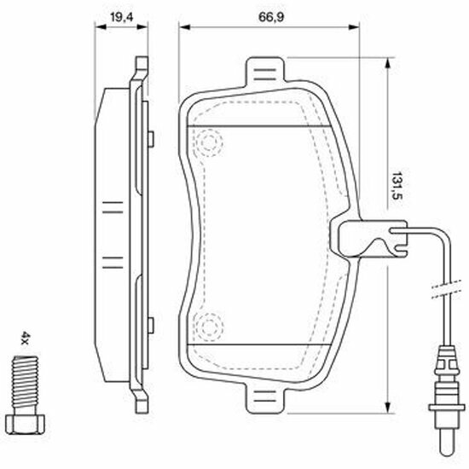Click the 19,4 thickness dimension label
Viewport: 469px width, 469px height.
tap(121, 17)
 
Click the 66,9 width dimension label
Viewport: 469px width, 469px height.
tap(270, 17)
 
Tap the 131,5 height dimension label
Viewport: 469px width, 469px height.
tap(397, 185)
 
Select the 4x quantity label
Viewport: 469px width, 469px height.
tap(25, 338)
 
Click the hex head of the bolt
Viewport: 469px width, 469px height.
tap(25, 424)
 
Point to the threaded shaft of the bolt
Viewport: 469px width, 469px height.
tap(25, 385)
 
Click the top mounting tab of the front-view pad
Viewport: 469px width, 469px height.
tap(264, 71)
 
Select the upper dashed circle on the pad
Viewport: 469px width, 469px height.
tap(208, 142)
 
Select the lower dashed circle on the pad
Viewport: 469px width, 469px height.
tap(208, 327)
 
